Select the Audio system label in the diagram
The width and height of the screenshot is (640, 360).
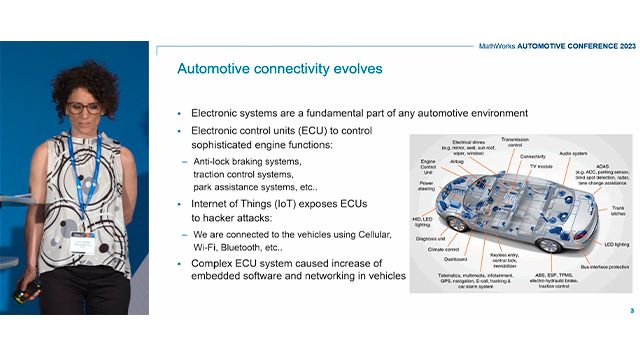point(572,154)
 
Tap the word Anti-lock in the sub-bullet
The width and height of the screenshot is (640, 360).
point(216,161)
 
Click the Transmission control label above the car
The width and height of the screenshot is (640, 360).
point(514,143)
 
